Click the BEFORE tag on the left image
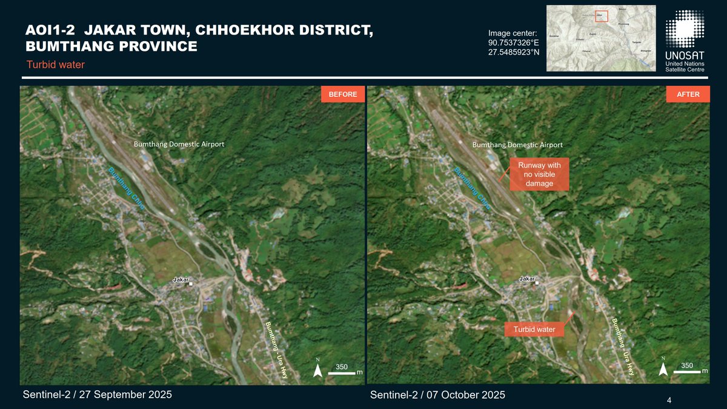click(x=343, y=95)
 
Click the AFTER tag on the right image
click(x=688, y=95)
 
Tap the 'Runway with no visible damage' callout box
click(x=539, y=175)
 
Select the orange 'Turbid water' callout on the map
click(x=534, y=330)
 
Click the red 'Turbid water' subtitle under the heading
click(x=56, y=65)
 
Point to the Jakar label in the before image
click(x=181, y=280)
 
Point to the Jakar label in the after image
click(x=528, y=279)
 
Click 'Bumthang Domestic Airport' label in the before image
click(x=179, y=144)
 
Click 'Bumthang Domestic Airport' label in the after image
click(x=517, y=145)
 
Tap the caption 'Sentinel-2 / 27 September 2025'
click(x=97, y=394)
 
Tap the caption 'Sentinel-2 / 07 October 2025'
click(x=437, y=395)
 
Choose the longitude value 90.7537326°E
click(x=513, y=42)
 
